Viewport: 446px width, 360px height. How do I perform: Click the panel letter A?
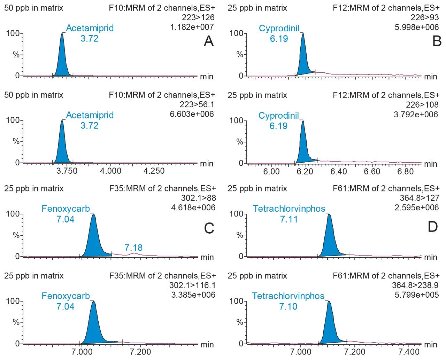[208, 41]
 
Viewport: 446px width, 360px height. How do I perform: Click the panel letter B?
[437, 41]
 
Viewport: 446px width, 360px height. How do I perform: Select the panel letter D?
[432, 227]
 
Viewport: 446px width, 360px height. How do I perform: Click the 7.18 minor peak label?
[133, 248]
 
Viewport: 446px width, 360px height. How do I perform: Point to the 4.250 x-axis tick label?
[154, 171]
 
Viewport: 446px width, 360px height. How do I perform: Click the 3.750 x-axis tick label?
[67, 171]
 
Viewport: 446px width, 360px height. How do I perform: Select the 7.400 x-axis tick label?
[409, 352]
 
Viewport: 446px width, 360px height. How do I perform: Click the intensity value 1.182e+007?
[192, 27]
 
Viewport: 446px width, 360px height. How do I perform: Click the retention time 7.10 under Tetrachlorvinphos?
[288, 306]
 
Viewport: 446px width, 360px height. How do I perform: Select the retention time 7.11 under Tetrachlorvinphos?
[289, 219]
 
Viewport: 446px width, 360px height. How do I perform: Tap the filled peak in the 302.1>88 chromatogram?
[93, 240]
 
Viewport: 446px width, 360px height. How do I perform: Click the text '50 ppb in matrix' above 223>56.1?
[34, 95]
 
